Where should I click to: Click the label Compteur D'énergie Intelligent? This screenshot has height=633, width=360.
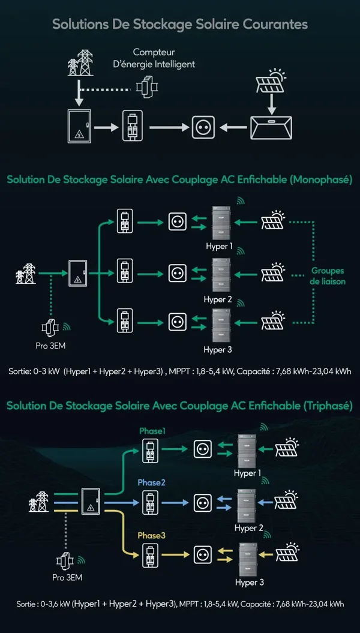tap(164, 58)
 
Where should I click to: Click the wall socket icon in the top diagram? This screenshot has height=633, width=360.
tap(203, 127)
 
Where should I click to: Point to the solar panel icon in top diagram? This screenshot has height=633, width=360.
tap(271, 80)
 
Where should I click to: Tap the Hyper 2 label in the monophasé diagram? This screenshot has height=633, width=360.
tap(218, 299)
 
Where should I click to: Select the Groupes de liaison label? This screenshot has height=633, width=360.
tap(328, 276)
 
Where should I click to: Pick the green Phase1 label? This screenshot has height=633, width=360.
tap(152, 431)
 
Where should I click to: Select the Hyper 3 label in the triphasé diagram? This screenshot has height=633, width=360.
tap(250, 583)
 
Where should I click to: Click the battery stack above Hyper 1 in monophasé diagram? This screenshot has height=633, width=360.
tap(221, 223)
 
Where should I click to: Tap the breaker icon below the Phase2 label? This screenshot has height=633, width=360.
tap(150, 502)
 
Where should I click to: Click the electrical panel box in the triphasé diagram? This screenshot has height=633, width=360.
tap(91, 502)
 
